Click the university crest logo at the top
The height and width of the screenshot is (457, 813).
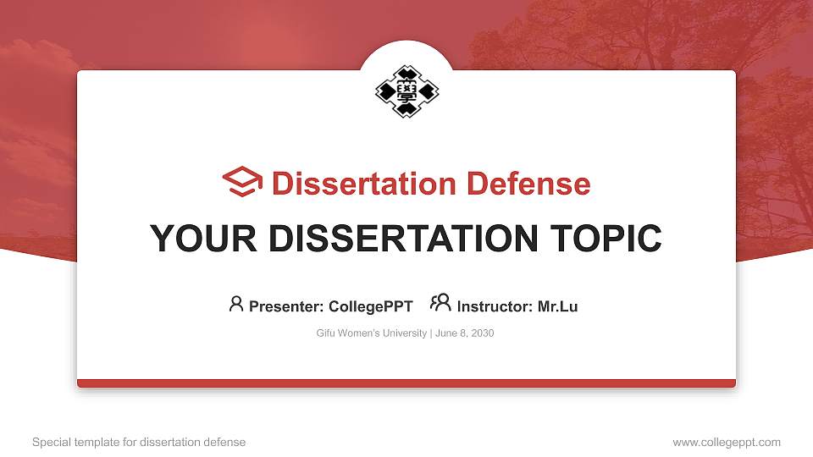[406, 90]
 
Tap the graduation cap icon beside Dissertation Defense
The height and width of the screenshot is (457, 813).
[242, 182]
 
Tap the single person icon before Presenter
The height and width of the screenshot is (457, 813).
[236, 304]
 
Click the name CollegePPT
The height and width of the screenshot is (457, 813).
[371, 306]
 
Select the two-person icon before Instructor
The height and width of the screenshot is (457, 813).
[440, 303]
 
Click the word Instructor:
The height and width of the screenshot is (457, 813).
[495, 306]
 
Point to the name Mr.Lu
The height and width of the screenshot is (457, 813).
[558, 306]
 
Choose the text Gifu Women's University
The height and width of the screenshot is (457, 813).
[372, 333]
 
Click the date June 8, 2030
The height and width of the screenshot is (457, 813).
[465, 333]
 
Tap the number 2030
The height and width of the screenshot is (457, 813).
[482, 333]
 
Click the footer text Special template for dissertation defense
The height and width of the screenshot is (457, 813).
[139, 442]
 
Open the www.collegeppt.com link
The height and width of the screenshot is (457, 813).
[727, 442]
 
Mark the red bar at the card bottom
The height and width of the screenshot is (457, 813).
[406, 383]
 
